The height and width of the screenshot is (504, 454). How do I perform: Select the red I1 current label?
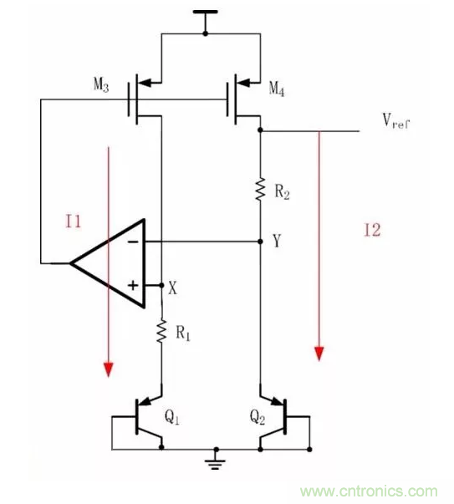pos(75,221)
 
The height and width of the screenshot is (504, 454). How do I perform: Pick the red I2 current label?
pos(372,231)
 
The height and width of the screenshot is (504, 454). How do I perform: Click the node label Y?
pos(276,242)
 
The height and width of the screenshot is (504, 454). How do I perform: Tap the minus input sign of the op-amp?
pos(131,242)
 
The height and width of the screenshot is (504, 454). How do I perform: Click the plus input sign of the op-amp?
pos(131,285)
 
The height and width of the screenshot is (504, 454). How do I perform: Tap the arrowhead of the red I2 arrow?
pos(319,353)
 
